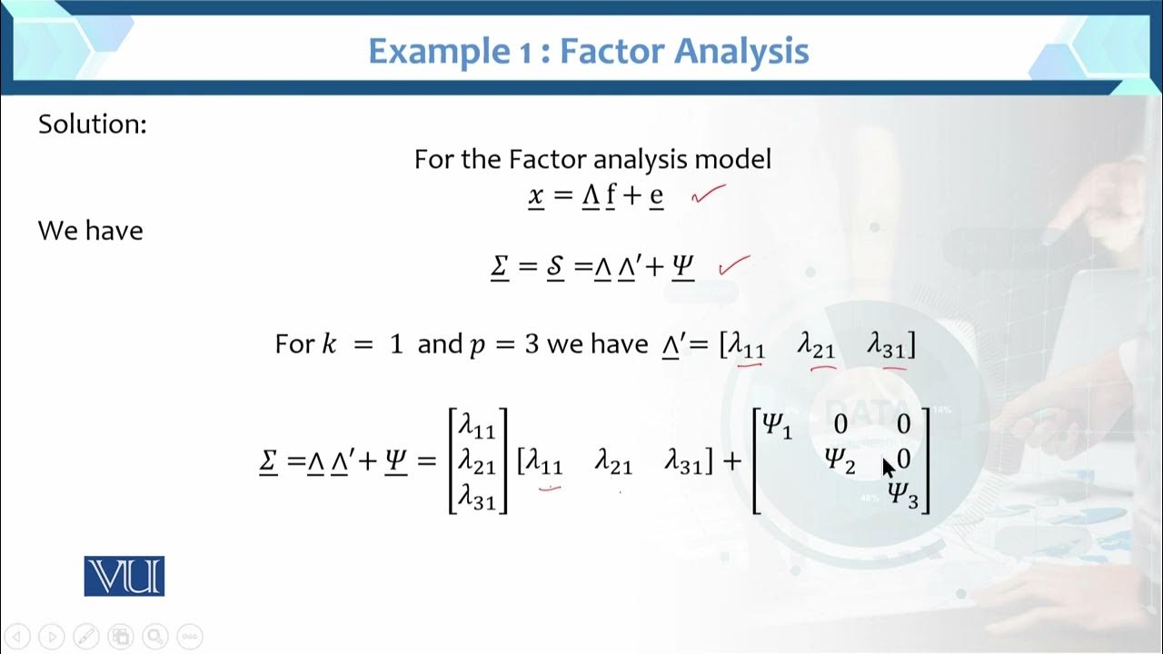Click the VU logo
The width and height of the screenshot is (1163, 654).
tap(124, 576)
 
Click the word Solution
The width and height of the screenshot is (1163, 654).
tap(92, 124)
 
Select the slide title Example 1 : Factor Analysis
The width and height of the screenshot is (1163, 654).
tap(588, 51)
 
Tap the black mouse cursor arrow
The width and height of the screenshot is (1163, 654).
tap(889, 467)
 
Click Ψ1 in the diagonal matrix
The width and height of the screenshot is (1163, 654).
tap(777, 424)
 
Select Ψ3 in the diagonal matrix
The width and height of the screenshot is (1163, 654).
tap(903, 495)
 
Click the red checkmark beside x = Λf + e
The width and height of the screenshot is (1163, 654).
tap(709, 193)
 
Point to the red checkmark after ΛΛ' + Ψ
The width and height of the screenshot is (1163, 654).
tap(734, 264)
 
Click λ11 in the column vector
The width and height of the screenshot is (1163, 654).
tap(477, 425)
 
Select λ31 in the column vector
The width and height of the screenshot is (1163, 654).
tap(477, 497)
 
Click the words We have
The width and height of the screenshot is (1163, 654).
tap(90, 231)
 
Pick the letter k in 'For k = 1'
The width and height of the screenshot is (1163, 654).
tap(330, 345)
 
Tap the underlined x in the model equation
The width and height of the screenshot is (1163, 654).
tap(536, 195)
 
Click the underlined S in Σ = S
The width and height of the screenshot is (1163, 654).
tap(555, 268)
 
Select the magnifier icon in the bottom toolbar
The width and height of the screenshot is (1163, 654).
tap(154, 636)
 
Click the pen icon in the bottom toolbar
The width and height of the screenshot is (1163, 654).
tap(86, 636)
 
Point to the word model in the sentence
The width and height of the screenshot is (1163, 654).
tap(732, 160)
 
